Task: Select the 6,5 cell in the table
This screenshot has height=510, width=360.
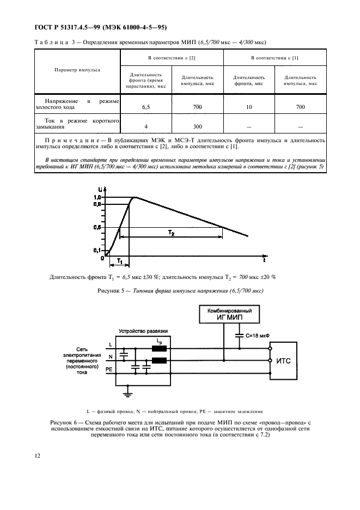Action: click(145, 107)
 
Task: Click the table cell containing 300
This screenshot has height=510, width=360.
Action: click(197, 126)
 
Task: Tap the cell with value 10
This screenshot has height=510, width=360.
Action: click(249, 107)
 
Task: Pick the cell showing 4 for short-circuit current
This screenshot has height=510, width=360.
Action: click(145, 126)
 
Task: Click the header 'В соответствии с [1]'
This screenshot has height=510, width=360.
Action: click(274, 57)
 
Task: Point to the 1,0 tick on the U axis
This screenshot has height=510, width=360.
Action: click(97, 197)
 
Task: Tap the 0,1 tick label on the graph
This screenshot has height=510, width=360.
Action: click(97, 250)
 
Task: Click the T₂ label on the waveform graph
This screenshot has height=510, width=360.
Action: click(170, 233)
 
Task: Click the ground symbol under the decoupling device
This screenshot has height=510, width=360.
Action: click(127, 390)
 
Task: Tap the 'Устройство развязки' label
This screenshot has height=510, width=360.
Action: click(144, 331)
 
